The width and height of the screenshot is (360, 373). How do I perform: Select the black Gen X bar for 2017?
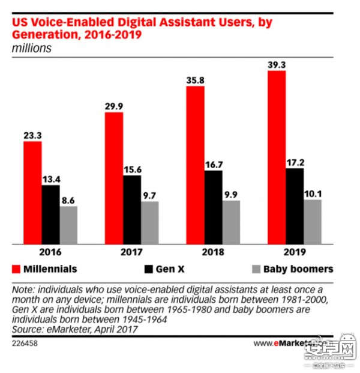[131, 209]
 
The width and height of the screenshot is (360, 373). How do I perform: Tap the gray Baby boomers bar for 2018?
[231, 222]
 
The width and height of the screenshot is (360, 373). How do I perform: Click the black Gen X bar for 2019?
[295, 206]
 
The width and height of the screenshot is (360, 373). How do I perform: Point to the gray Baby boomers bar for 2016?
[68, 225]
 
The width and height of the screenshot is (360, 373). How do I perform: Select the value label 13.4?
[50, 178]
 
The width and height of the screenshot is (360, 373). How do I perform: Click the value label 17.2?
[295, 161]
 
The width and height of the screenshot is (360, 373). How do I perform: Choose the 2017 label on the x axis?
[131, 252]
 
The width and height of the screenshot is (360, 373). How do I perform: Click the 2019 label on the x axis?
[295, 252]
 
